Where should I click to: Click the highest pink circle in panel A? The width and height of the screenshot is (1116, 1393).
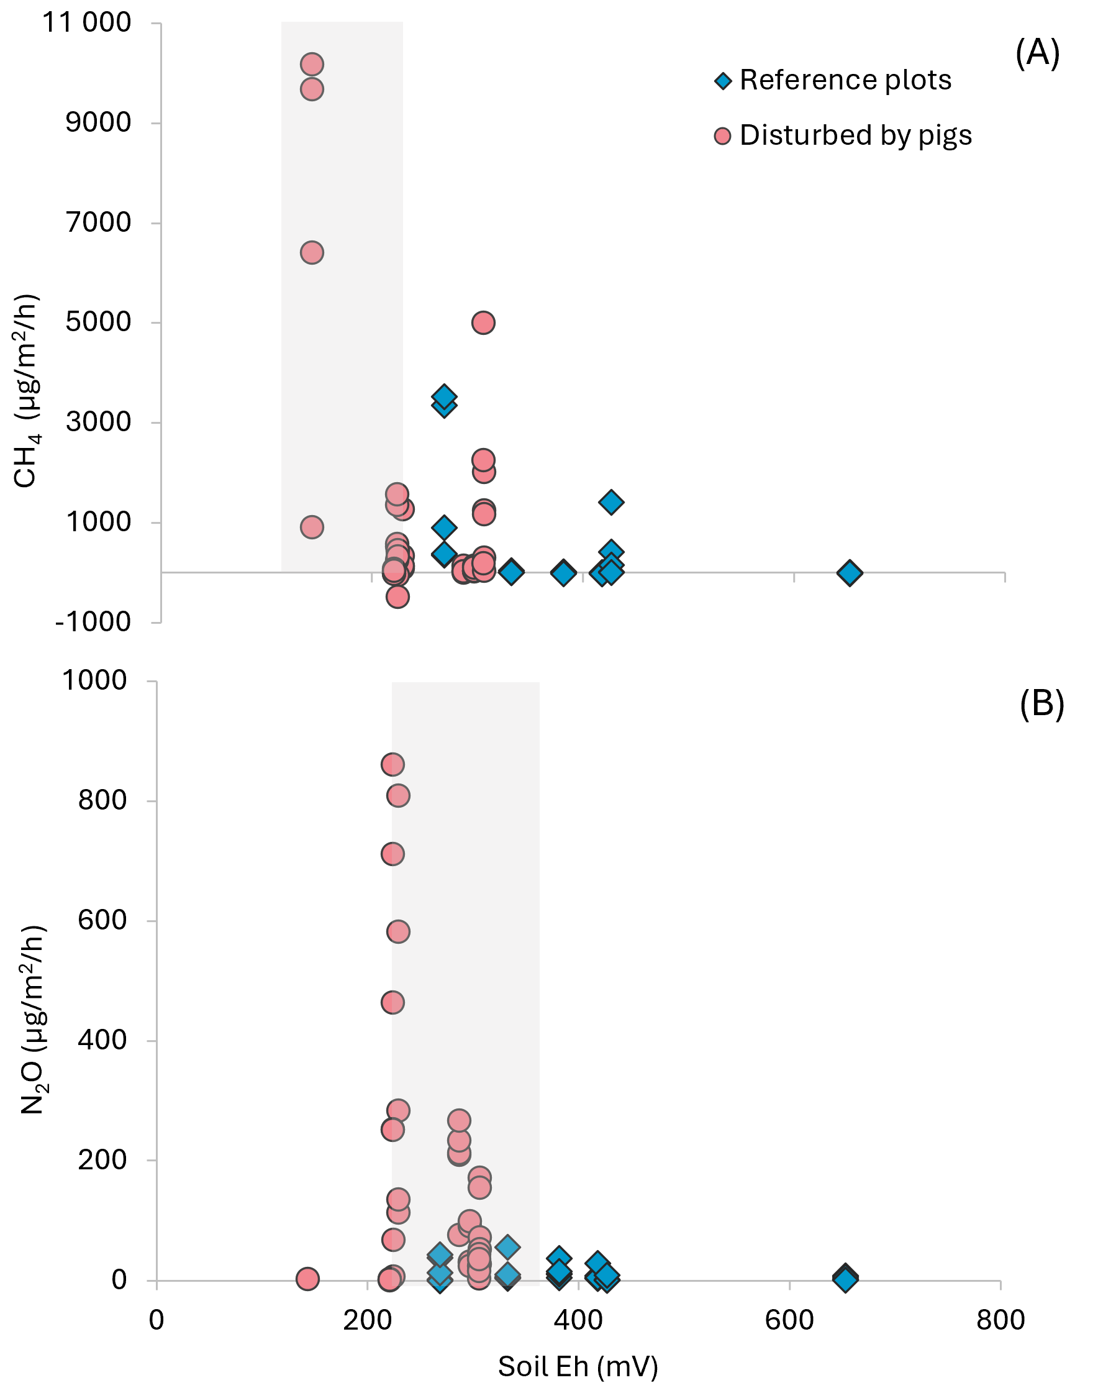pos(312,65)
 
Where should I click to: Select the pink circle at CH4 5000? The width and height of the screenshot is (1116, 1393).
pos(484,322)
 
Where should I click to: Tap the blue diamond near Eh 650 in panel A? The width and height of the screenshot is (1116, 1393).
pos(850,572)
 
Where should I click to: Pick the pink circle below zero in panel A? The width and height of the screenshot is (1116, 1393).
pos(397,596)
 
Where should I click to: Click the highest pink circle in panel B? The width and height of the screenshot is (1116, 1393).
pos(392,764)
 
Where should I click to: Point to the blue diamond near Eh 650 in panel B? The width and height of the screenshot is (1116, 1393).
pos(845,1278)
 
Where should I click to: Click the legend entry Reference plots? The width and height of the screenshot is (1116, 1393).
pos(833,80)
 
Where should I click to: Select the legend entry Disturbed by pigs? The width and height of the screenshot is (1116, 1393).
pos(843,135)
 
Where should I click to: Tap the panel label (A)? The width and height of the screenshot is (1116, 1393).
pos(1037,53)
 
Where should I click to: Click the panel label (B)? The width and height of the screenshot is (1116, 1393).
pos(1041,703)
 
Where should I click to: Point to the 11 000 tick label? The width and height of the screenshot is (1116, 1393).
pos(86,22)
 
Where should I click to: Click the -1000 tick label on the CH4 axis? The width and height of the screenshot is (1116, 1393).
pos(94,622)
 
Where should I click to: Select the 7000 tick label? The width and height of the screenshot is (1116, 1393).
pos(99,222)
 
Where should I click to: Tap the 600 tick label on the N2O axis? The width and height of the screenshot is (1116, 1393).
pos(102,920)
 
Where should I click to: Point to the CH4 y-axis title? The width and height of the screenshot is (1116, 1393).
pos(27,391)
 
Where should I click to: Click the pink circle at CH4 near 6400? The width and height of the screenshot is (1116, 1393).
pos(312,253)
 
